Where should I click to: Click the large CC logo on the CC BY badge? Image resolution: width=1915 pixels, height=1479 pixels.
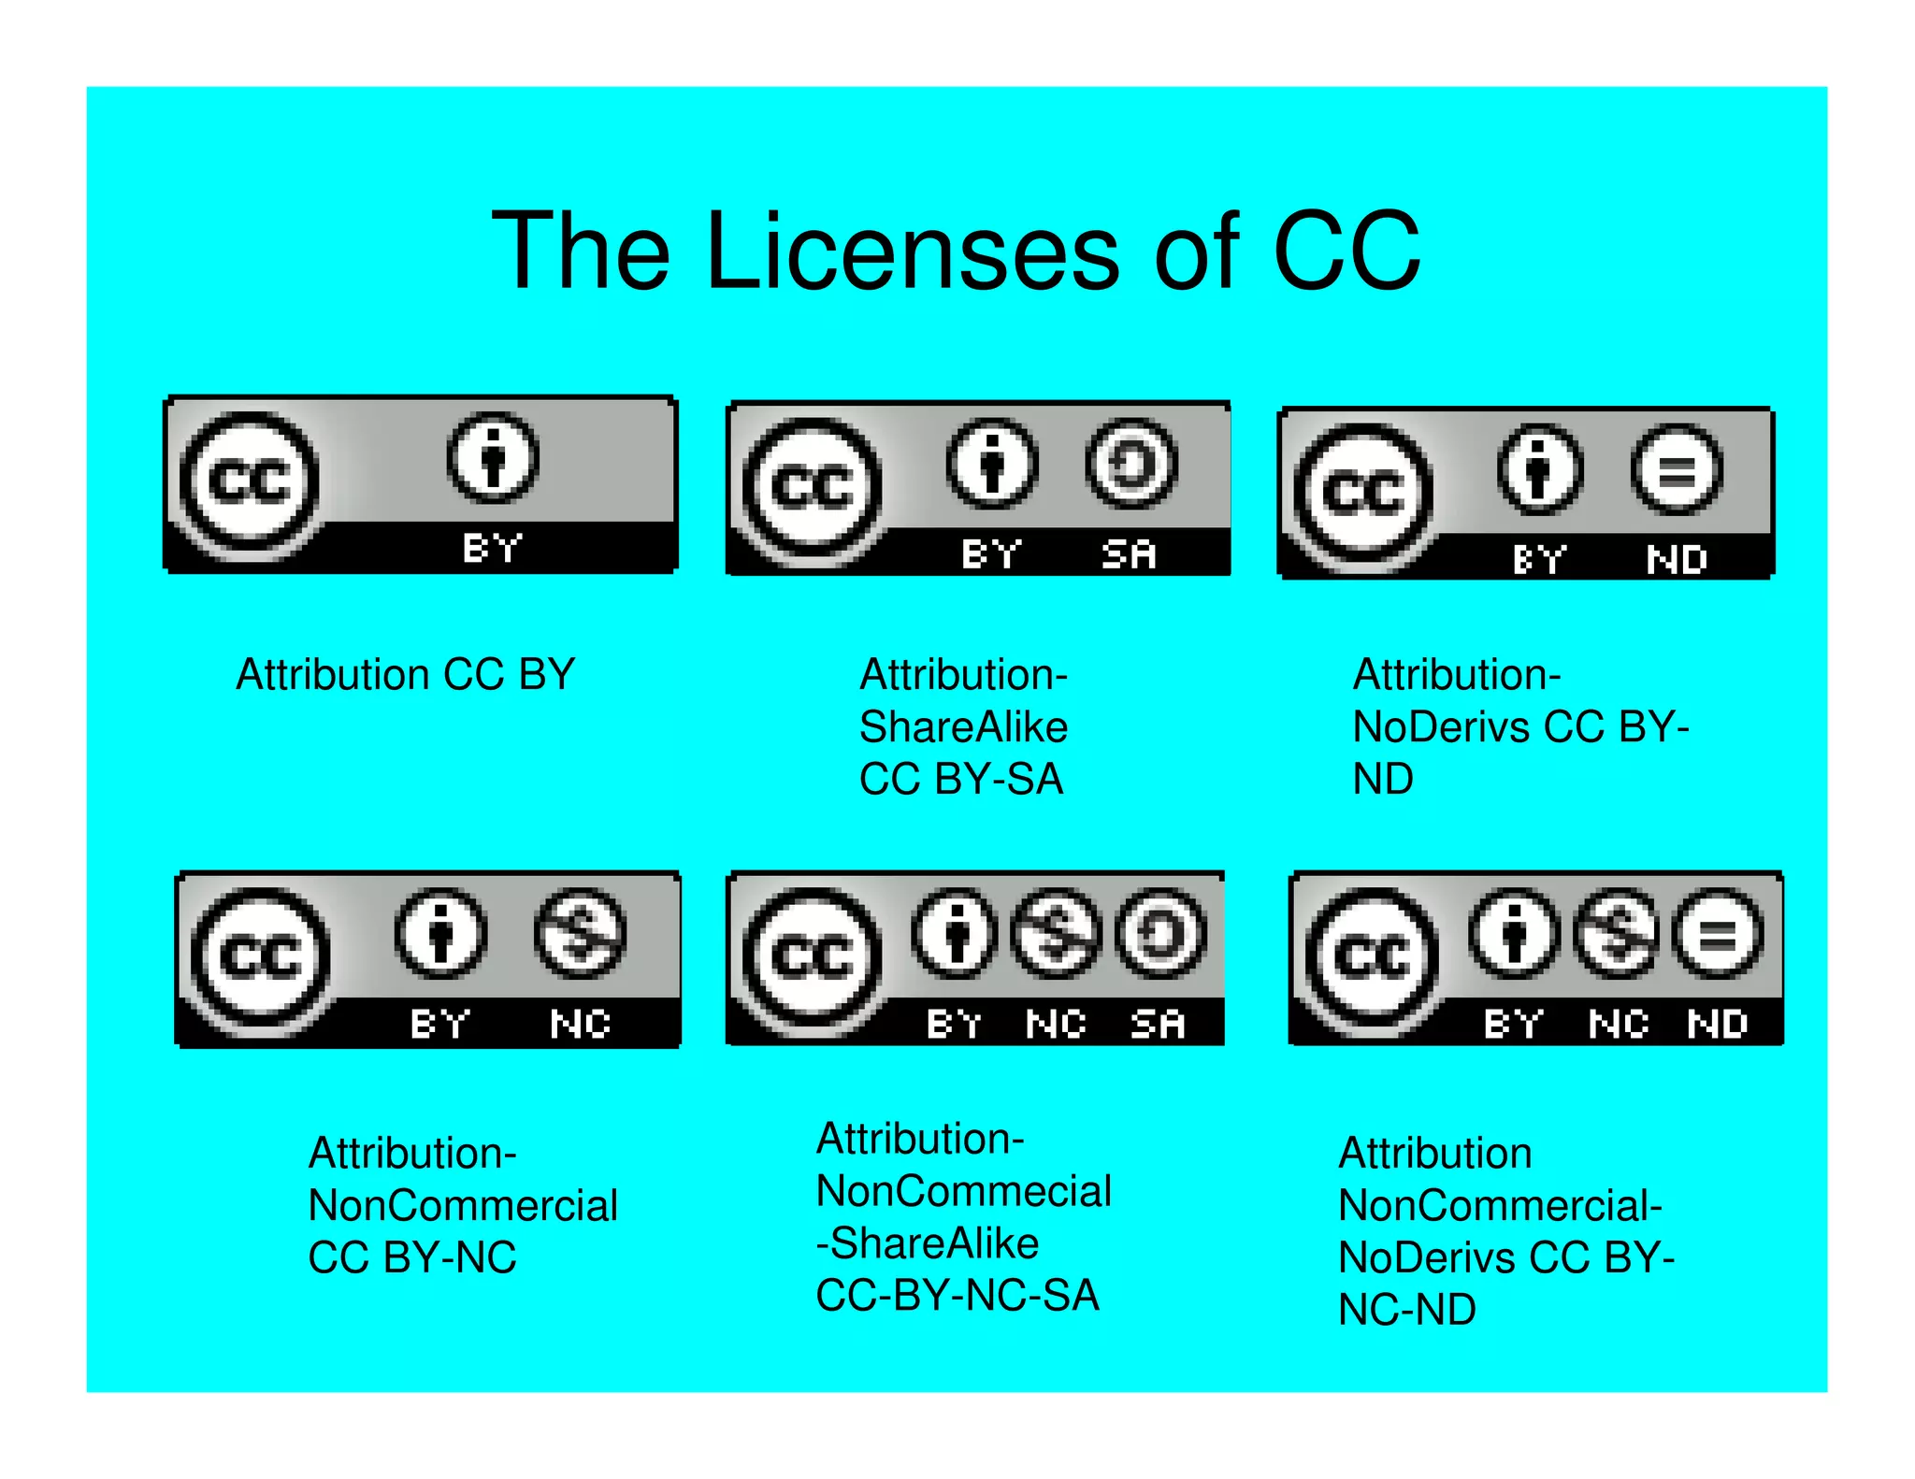[249, 483]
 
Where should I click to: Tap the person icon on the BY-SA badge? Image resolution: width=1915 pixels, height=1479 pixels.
[991, 465]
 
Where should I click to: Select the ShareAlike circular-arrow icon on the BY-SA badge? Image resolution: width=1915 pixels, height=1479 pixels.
[1130, 465]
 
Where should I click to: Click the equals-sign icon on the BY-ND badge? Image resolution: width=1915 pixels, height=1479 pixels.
[1676, 470]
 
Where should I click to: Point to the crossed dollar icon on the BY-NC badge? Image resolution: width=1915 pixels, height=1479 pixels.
[580, 934]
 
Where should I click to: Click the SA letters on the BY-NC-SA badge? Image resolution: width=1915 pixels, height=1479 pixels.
[1158, 1024]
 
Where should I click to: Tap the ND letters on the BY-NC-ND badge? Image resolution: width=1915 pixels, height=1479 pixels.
[1719, 1024]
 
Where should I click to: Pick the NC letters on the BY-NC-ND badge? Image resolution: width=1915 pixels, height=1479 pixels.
[1618, 1024]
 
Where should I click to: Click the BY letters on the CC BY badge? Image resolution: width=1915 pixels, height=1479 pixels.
[492, 548]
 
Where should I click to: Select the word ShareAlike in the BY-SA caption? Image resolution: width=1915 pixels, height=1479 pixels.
[963, 727]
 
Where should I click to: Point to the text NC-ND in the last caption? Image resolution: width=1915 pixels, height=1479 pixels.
[1406, 1310]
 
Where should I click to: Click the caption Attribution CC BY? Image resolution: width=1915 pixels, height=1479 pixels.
[405, 675]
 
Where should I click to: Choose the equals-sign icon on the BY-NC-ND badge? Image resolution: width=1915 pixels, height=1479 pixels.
[1719, 934]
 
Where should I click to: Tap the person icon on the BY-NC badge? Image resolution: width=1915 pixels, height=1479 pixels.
[441, 934]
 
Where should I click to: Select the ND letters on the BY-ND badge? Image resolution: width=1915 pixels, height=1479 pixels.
[1676, 560]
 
